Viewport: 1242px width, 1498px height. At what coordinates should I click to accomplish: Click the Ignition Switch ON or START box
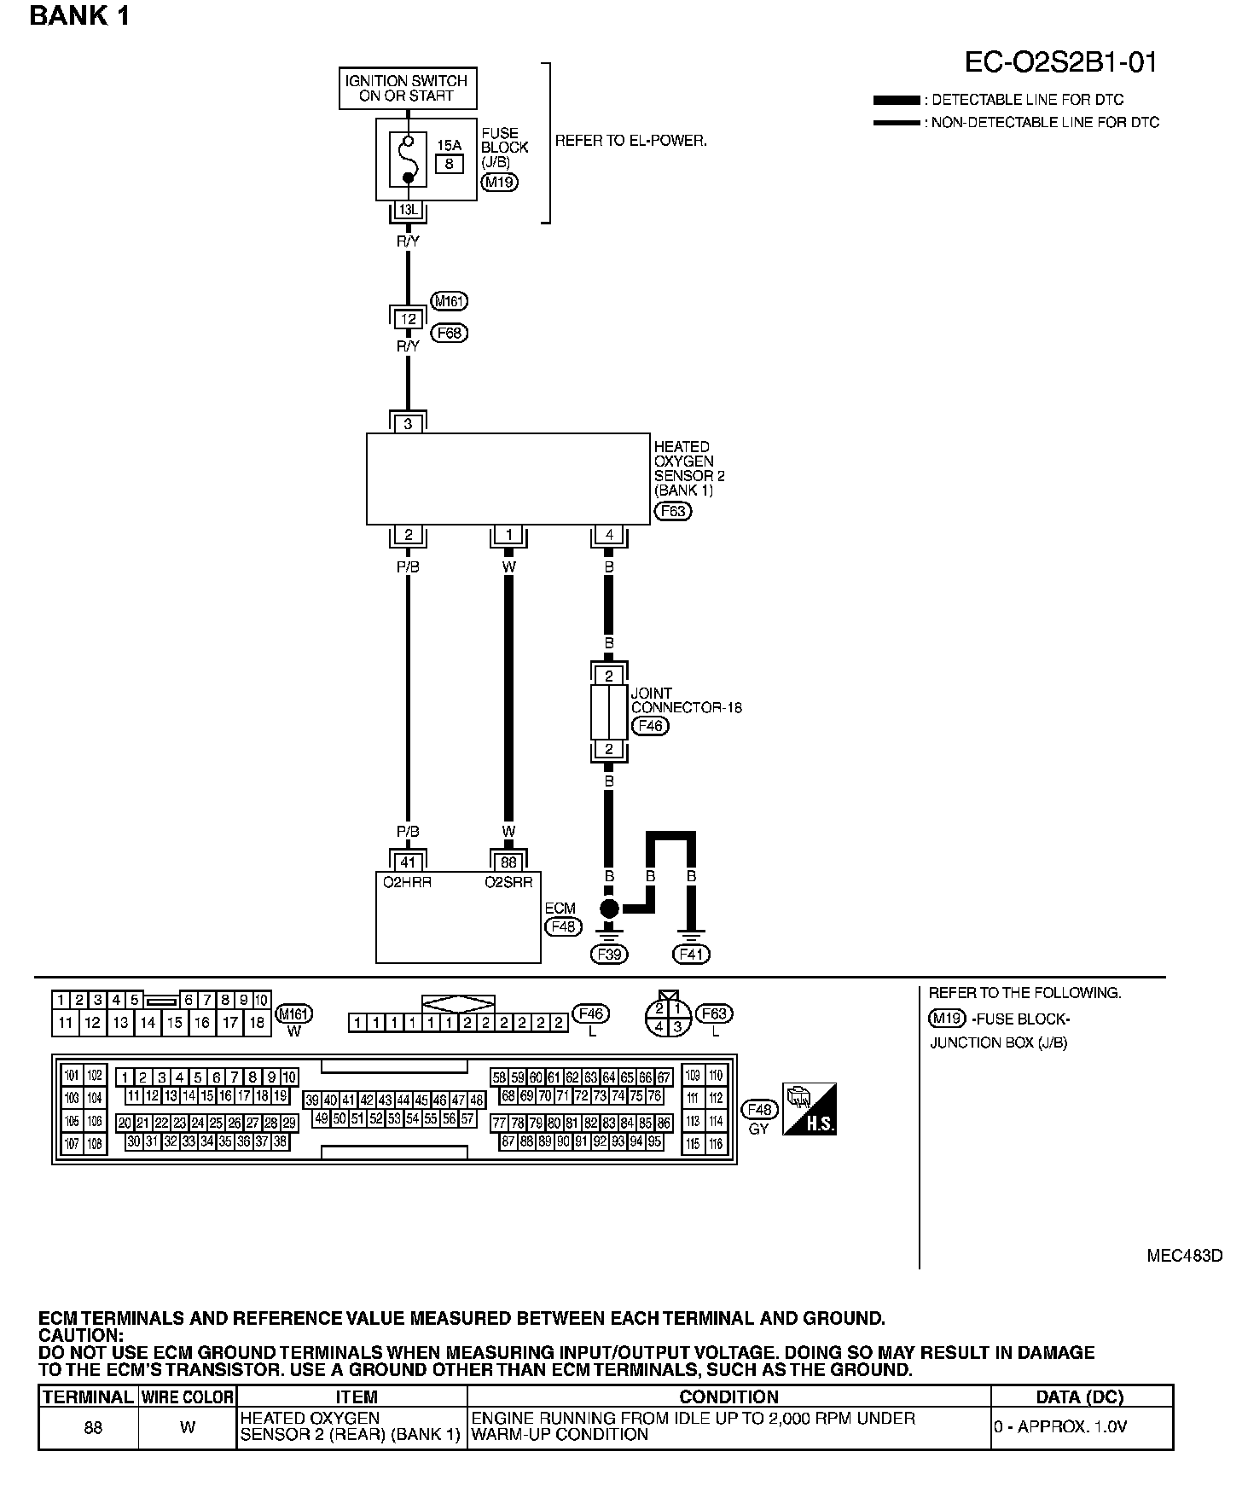click(407, 89)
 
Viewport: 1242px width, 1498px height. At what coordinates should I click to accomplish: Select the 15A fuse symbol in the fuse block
click(408, 159)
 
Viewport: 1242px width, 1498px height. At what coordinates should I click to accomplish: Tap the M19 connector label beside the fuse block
click(499, 181)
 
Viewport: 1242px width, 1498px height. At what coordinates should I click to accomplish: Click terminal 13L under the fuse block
click(408, 210)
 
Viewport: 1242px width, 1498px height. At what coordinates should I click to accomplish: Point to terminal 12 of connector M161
click(409, 319)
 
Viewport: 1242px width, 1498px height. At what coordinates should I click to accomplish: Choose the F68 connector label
click(450, 333)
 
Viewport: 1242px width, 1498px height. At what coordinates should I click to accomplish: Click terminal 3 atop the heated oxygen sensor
click(409, 423)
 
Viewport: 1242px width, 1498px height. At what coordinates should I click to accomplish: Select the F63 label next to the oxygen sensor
click(673, 511)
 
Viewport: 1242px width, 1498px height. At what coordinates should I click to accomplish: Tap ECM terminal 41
click(408, 862)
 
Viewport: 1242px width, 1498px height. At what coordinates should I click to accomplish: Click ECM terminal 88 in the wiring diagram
click(508, 862)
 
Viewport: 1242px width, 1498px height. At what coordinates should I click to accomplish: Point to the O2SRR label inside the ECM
click(506, 882)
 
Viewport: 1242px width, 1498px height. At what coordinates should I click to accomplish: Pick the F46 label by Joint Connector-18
click(649, 726)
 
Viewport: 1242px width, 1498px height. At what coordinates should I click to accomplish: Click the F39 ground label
click(609, 954)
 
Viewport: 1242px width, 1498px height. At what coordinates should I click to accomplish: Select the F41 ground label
click(691, 954)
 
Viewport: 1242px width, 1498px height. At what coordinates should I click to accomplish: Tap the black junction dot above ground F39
click(609, 908)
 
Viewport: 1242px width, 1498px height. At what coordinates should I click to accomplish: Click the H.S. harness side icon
click(810, 1109)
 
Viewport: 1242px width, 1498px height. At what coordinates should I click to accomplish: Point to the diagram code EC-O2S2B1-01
click(1060, 62)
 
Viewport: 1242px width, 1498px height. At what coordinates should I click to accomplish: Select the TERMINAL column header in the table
click(88, 1396)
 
